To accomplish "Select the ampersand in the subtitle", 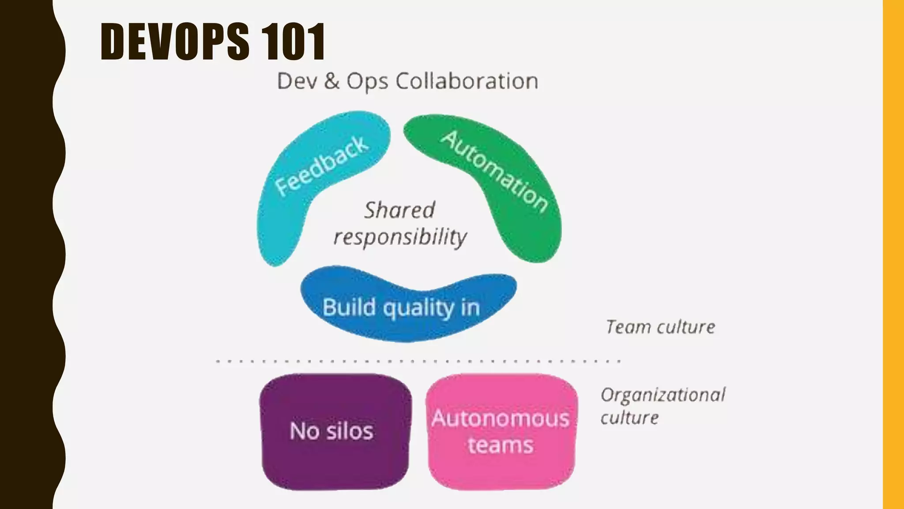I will click(331, 81).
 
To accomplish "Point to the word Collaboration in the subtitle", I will click(467, 81).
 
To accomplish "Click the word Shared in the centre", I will click(399, 210).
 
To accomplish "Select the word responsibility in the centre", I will click(400, 237).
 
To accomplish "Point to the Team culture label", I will click(660, 327).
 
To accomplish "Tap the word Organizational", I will click(663, 395).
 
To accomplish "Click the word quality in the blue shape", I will click(418, 308).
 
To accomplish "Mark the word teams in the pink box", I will click(501, 445).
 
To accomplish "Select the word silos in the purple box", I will click(350, 431).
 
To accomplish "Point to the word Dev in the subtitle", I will click(297, 81).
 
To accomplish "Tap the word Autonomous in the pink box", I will click(501, 418).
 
